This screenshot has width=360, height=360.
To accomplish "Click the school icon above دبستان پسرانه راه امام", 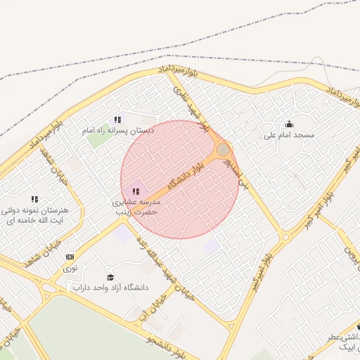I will tap(117, 120).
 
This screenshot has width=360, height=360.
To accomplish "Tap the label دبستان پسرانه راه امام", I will tap(117, 131).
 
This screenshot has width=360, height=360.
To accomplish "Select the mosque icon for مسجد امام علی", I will tap(289, 124).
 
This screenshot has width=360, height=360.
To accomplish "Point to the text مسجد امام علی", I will tap(289, 134).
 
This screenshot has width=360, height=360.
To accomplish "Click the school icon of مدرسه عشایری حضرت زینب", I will tap(136, 191).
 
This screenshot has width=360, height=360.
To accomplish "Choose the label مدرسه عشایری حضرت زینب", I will tap(138, 206).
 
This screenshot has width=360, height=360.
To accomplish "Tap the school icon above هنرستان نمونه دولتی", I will tap(34, 200).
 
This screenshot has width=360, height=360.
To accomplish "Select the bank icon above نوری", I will tap(70, 257).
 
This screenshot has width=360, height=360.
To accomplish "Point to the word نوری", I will tap(70, 268).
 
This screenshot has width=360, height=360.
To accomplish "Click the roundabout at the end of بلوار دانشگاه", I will tap(223, 150).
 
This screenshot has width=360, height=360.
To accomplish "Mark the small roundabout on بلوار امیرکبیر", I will tap(285, 238).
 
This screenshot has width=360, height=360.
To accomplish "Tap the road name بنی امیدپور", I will tap(236, 172).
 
